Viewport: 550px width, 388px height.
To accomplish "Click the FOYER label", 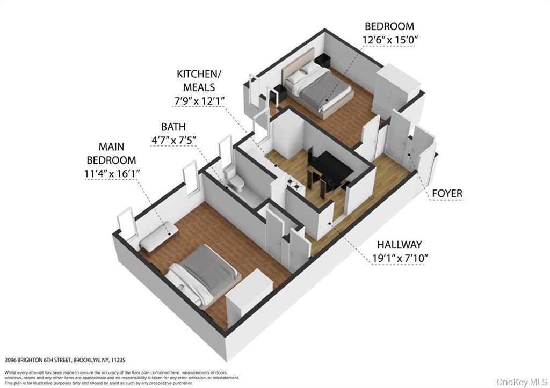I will pyautogui.click(x=447, y=193).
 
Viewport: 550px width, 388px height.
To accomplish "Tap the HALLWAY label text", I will pyautogui.click(x=400, y=244).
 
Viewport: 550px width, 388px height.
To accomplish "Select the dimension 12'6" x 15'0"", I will pyautogui.click(x=389, y=40).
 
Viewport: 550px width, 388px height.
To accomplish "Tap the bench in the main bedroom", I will pyautogui.click(x=158, y=236).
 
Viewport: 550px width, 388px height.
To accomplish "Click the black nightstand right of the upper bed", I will pyautogui.click(x=323, y=61).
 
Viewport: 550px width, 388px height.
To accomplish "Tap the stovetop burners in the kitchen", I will pyautogui.click(x=293, y=182).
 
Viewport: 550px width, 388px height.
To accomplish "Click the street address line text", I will pyautogui.click(x=68, y=361).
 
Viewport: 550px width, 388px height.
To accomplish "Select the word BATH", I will pyautogui.click(x=173, y=127).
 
